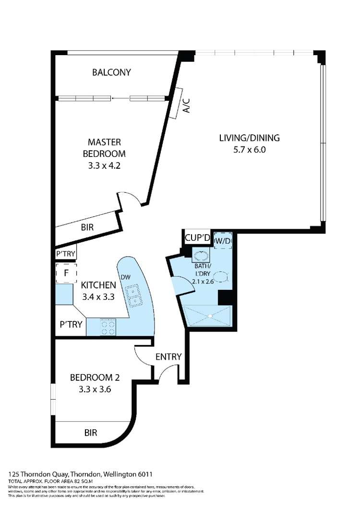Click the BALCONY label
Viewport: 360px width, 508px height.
111,72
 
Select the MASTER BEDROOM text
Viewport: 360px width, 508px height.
104,148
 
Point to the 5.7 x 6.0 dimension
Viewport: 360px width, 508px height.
249,149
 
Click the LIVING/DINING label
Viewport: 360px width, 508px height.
249,138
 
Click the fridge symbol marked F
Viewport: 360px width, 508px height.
66,273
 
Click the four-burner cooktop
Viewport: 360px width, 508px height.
108,327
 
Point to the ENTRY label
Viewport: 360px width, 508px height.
168,356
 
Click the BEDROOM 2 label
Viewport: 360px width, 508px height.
95,377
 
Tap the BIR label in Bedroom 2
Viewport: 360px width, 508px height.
91,433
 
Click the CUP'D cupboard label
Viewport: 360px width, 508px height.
197,237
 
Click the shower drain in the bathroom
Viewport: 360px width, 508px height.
210,316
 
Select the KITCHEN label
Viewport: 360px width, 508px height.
98,284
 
